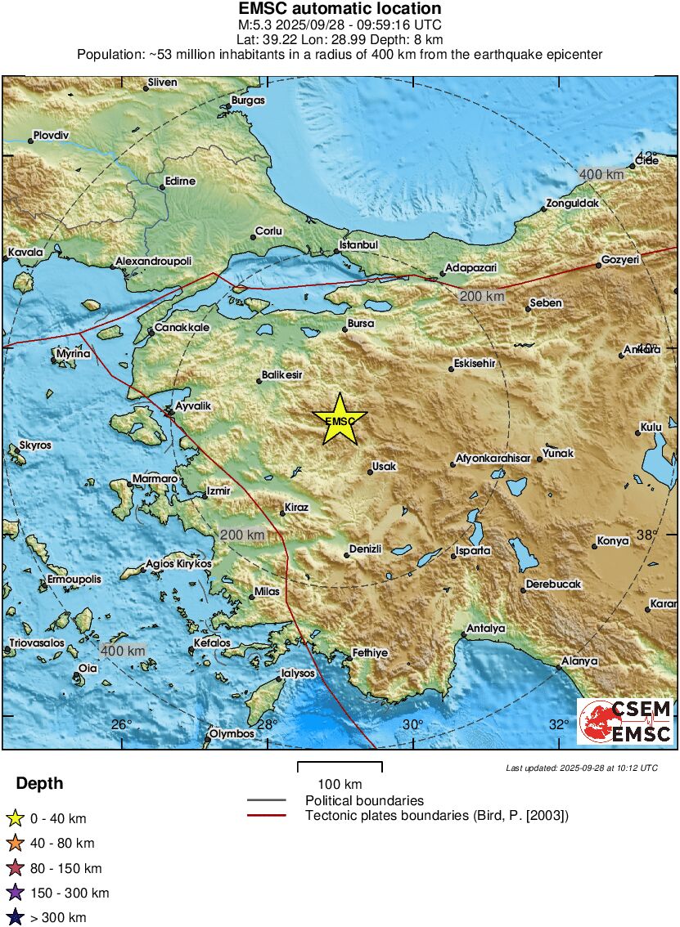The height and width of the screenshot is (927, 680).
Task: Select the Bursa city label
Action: (x=360, y=324)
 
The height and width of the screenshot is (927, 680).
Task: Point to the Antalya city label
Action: (x=485, y=629)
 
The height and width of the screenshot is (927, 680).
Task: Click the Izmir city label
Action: (x=218, y=491)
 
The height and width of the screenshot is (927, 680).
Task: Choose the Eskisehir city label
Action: (x=476, y=363)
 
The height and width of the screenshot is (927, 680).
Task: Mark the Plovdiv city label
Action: (x=52, y=135)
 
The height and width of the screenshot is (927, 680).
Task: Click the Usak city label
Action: (x=384, y=467)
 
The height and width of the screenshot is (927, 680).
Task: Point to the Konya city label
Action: (x=613, y=540)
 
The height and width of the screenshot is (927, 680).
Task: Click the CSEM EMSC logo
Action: (x=625, y=721)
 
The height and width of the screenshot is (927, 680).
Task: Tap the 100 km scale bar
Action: (x=340, y=767)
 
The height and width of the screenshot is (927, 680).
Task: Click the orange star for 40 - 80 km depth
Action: (x=15, y=844)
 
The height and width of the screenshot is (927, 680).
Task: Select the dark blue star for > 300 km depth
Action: (x=15, y=918)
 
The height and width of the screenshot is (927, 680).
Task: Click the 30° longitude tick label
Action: (x=412, y=724)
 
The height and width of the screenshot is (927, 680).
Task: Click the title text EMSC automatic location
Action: (x=340, y=9)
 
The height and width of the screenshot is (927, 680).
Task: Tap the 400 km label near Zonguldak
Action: (x=601, y=174)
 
